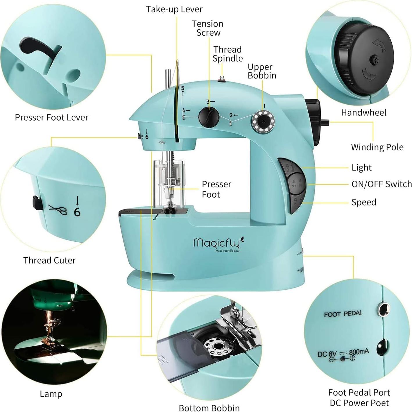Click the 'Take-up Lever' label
[174, 9]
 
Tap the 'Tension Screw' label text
[207, 28]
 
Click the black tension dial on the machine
[209, 117]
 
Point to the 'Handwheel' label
[363, 112]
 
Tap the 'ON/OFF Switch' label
[381, 184]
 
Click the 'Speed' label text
[363, 202]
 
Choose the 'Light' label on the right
[361, 168]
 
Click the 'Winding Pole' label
[377, 147]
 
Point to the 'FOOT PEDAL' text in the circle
[343, 314]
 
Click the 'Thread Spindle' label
[228, 54]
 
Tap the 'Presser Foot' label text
[216, 189]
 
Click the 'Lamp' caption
[51, 394]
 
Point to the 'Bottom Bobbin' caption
[209, 408]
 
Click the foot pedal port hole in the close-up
[383, 309]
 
